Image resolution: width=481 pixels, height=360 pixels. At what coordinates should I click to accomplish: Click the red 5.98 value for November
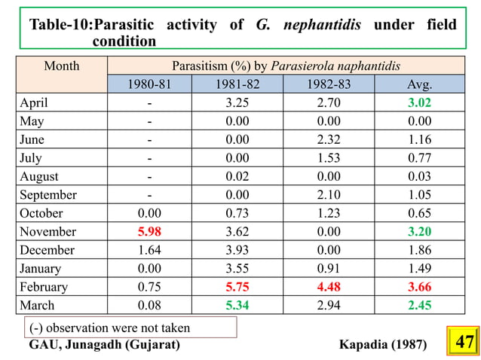point(149,232)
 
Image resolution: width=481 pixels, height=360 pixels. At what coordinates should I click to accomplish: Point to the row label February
point(44,287)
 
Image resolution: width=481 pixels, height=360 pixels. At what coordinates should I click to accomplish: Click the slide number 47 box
point(464,343)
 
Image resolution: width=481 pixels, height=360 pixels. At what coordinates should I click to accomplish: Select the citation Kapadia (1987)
point(383,344)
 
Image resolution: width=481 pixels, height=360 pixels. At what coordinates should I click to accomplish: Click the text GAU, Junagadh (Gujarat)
point(104,344)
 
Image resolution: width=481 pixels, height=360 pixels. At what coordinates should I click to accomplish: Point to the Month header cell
point(62,66)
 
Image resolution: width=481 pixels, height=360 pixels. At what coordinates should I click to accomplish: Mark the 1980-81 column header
point(149,84)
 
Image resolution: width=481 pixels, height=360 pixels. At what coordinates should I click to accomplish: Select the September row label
point(48,195)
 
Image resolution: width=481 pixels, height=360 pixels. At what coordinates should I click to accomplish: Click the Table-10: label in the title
point(60,25)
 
